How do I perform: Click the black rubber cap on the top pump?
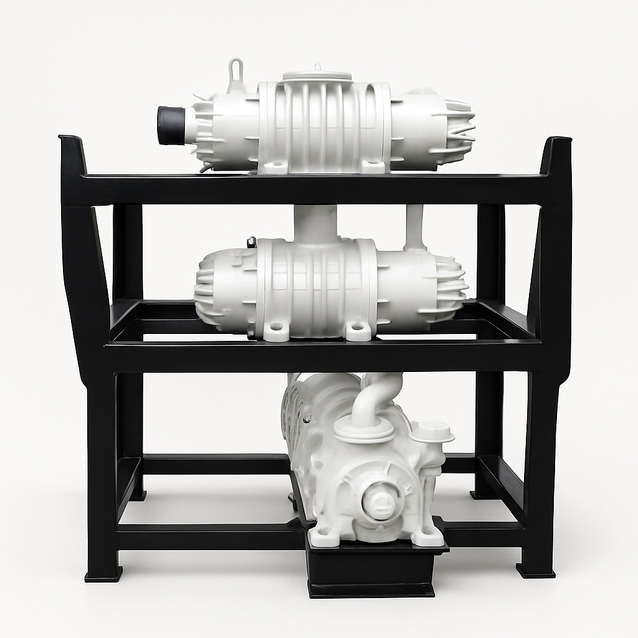click(171, 125)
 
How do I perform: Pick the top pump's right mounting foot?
click(373, 166)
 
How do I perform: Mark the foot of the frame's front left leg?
click(103, 573)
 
